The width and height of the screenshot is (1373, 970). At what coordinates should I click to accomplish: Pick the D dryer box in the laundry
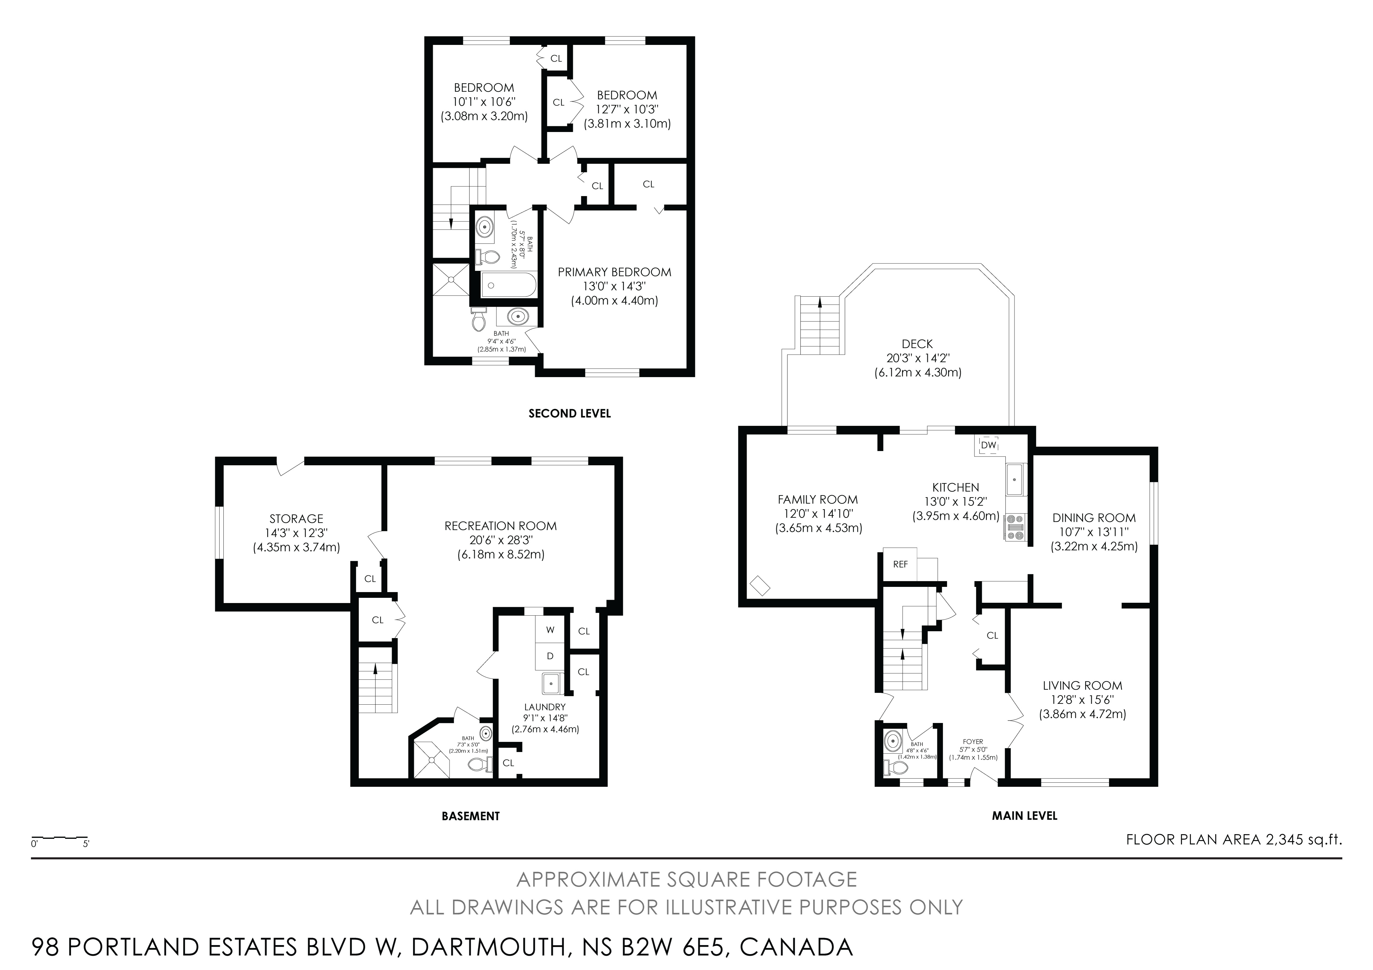click(550, 656)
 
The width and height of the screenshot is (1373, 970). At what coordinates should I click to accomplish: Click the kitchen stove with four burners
click(1015, 527)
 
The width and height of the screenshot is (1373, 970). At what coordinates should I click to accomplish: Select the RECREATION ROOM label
click(500, 526)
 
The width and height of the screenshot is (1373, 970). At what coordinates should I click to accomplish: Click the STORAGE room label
click(296, 519)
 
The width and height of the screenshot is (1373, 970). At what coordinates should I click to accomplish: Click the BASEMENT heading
click(471, 816)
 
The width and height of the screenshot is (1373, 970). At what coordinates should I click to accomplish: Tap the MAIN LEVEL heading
click(1024, 816)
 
